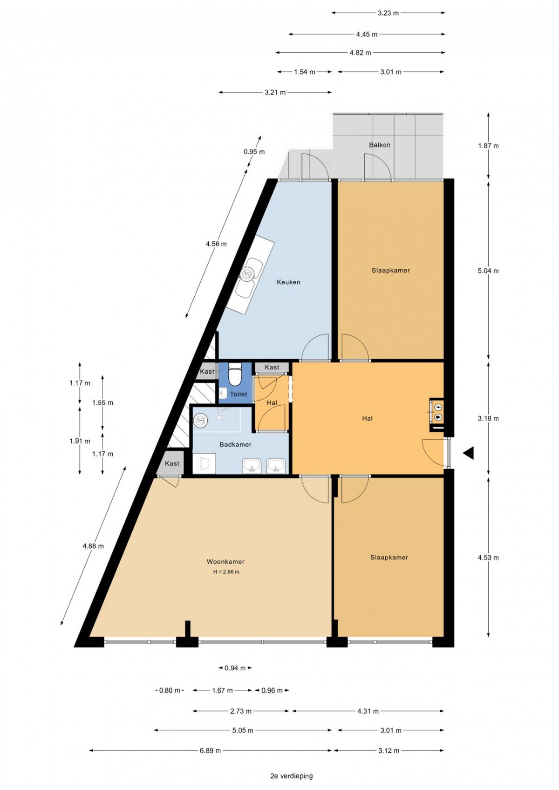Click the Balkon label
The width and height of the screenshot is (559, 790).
[380, 145]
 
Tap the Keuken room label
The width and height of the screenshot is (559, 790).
[288, 282]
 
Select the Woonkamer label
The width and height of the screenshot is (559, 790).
[225, 561]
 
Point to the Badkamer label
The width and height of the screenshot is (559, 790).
[236, 444]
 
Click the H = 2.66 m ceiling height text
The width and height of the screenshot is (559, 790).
[226, 572]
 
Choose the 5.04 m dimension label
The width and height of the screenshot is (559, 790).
[489, 271]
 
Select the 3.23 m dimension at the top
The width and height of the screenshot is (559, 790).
[388, 13]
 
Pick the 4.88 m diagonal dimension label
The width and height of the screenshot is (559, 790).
[93, 546]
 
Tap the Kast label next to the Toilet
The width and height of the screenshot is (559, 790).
[207, 371]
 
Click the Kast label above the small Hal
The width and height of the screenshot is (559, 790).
[272, 367]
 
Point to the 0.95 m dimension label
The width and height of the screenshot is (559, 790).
[254, 152]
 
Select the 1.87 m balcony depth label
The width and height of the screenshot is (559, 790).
[489, 146]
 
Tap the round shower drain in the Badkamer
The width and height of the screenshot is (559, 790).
[200, 419]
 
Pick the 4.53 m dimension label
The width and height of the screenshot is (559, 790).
[489, 558]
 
